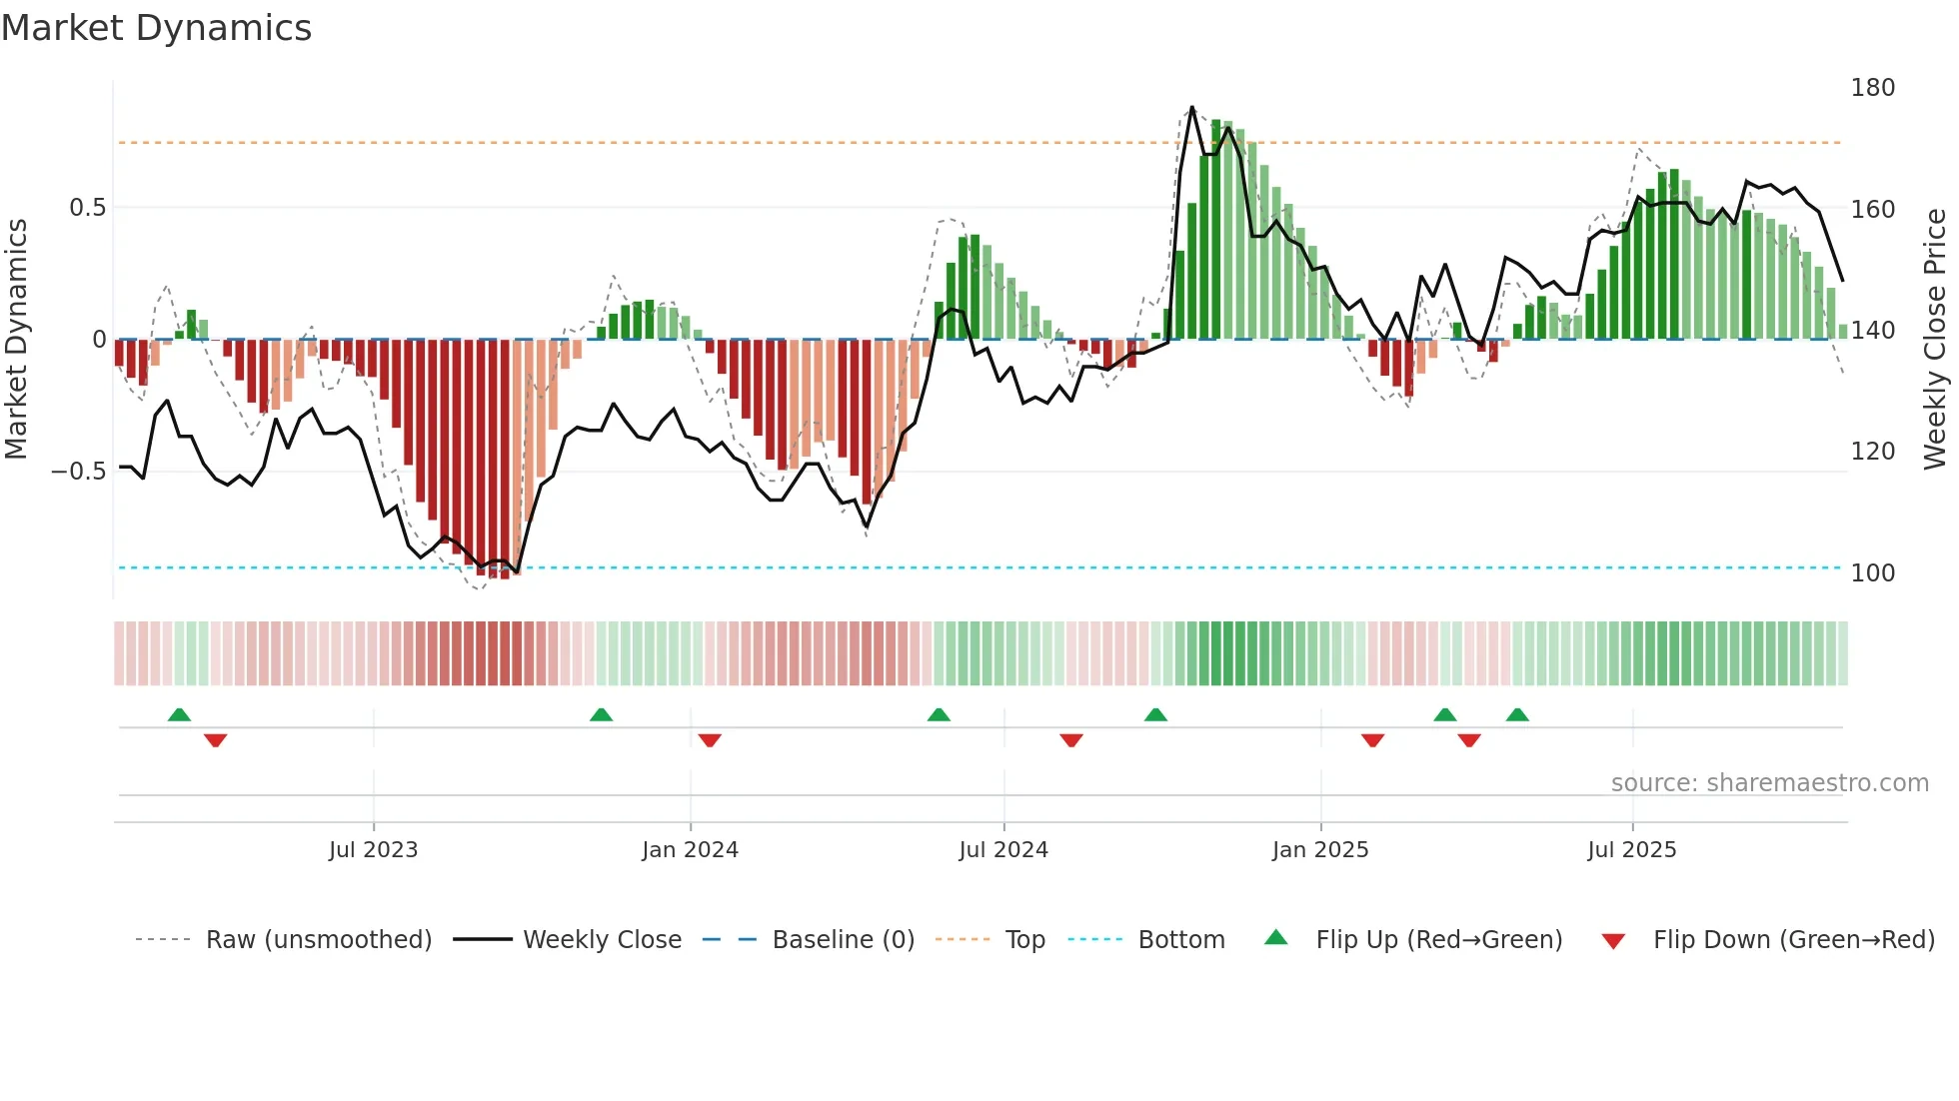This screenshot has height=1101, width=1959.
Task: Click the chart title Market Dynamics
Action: (156, 28)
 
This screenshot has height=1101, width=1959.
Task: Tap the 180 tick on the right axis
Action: (1872, 88)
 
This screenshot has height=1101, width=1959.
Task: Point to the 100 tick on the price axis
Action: (1872, 573)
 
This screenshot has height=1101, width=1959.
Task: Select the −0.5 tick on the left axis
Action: (79, 472)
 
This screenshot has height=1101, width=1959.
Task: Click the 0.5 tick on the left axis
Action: (87, 208)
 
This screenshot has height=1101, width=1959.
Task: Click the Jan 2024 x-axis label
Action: (690, 850)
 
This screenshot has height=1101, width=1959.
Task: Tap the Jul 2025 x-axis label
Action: (1631, 850)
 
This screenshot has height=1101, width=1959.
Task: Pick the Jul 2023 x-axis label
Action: (373, 850)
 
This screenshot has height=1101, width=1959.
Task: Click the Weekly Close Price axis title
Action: (1935, 340)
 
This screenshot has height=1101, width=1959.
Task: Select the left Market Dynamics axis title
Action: (16, 340)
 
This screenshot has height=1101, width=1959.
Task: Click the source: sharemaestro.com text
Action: (1769, 783)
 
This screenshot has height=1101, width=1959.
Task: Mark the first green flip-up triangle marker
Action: (179, 715)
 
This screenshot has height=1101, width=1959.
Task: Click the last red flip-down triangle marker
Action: (1468, 740)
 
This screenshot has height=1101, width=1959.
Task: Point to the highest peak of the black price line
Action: (1191, 107)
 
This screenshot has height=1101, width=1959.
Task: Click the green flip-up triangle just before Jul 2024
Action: (939, 715)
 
